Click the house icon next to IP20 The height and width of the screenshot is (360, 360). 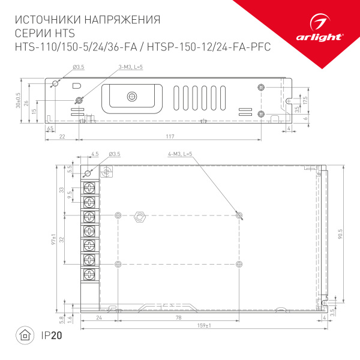(25, 335)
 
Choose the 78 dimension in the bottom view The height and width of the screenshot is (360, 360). (179, 317)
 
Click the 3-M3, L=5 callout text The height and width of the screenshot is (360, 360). (130, 66)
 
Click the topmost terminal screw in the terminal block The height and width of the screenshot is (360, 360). (89, 187)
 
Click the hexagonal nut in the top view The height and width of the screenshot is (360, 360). (140, 215)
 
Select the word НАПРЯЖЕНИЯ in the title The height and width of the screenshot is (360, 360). (121, 20)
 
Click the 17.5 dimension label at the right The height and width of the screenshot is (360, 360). (305, 99)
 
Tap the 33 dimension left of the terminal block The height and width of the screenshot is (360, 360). (61, 190)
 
